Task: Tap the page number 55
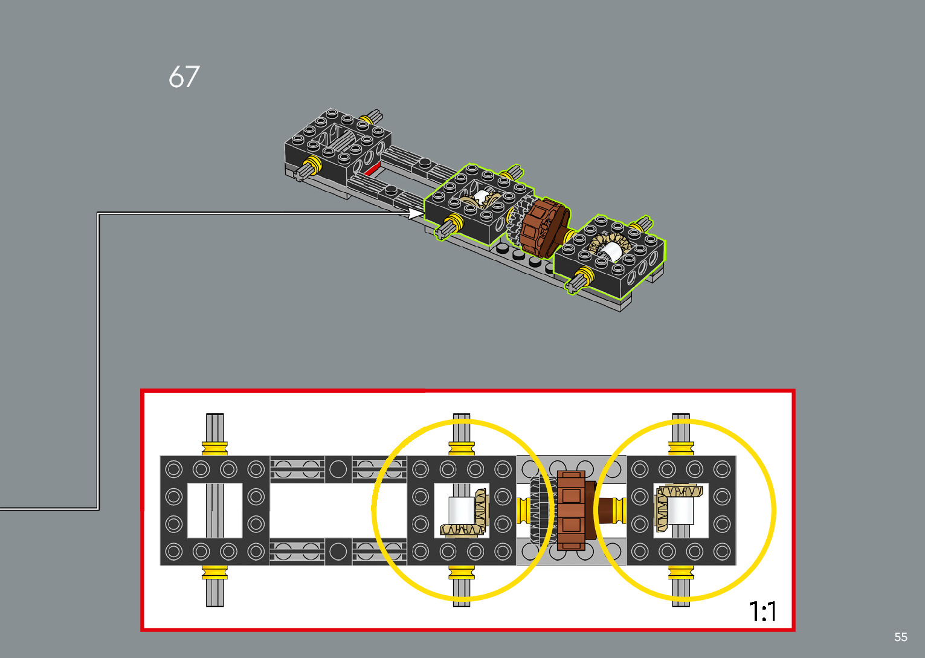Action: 901,636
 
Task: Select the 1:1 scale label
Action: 762,611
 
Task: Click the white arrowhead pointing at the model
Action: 416,213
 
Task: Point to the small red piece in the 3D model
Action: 373,169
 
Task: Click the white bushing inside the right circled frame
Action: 680,511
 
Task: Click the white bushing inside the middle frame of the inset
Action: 461,511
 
